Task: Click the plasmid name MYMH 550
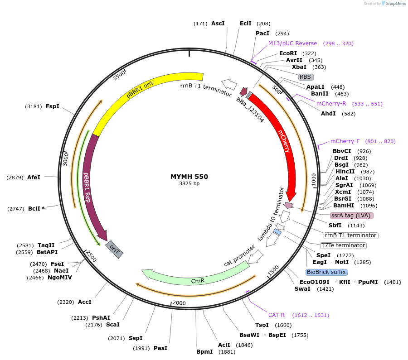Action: click(189, 177)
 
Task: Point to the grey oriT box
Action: click(114, 249)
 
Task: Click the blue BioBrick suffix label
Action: click(326, 272)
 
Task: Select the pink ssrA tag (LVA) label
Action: click(352, 216)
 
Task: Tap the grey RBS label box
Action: click(306, 77)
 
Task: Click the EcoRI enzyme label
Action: click(288, 53)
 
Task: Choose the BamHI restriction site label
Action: click(344, 205)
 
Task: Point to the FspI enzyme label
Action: click(53, 106)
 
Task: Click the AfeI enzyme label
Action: click(34, 178)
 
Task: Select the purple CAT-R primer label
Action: click(277, 315)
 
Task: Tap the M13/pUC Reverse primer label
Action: click(293, 43)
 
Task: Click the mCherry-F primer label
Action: click(345, 141)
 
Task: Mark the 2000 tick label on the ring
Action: click(179, 303)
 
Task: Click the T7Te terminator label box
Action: click(343, 245)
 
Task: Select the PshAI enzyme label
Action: click(101, 318)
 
